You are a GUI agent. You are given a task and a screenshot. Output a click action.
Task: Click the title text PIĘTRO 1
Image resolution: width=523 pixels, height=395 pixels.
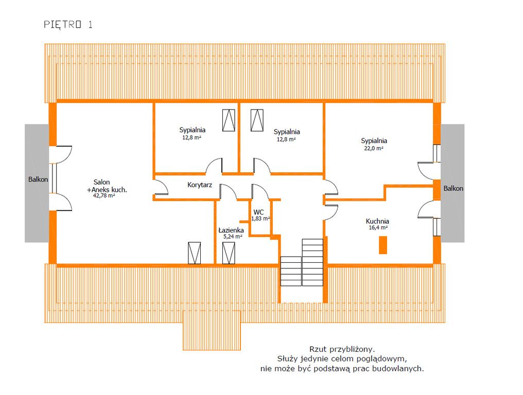point(68,24)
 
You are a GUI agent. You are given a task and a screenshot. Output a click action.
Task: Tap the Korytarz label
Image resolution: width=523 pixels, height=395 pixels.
point(199,185)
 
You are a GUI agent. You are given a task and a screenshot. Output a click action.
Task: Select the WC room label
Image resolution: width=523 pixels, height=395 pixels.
point(258,212)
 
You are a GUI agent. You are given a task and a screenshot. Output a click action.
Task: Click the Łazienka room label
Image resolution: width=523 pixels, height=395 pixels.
point(231,230)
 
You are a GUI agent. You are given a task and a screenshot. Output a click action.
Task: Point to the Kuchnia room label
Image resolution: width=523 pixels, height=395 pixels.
point(377,221)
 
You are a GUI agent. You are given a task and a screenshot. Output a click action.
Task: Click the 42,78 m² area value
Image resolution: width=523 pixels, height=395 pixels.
point(104,195)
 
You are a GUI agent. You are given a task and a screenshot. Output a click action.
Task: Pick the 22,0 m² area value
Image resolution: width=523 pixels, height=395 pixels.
point(373,148)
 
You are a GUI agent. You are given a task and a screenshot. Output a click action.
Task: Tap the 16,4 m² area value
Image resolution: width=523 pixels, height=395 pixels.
point(378,228)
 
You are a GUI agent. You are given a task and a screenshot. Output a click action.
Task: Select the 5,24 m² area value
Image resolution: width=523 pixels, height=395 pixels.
point(233,237)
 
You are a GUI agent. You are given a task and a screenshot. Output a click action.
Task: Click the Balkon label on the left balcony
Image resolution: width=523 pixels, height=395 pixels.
point(38,179)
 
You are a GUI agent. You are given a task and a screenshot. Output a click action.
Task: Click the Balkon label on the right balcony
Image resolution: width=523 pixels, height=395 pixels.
point(453,188)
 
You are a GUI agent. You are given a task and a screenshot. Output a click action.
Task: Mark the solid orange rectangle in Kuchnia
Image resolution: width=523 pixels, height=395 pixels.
point(383,245)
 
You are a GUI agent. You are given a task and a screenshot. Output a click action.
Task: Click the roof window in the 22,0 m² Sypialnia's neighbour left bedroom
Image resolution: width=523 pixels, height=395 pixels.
point(257,120)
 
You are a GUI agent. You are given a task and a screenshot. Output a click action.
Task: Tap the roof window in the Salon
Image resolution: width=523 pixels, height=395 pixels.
point(195,253)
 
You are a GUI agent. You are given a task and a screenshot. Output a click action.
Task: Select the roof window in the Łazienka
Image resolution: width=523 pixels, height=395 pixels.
point(229,253)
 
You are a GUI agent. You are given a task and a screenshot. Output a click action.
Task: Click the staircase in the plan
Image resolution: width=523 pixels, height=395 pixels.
point(302,262)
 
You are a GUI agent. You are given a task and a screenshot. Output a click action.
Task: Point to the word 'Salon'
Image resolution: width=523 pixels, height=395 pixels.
point(101,182)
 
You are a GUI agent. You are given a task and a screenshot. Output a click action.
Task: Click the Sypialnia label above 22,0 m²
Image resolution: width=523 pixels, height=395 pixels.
point(374,141)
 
